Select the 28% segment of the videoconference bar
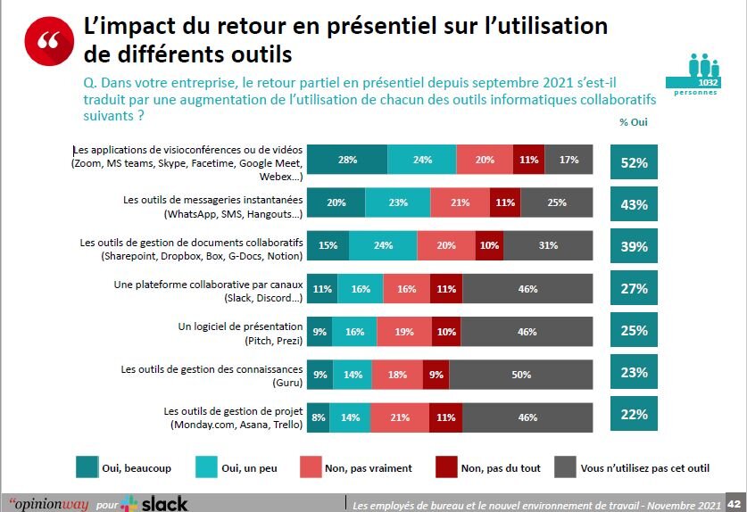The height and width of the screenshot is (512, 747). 347,161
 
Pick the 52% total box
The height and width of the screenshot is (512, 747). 634,162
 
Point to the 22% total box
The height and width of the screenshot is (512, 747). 634,416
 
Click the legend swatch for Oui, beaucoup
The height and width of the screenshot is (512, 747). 87,467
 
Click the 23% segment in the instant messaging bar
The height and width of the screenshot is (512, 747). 397,202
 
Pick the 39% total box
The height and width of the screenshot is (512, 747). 634,246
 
